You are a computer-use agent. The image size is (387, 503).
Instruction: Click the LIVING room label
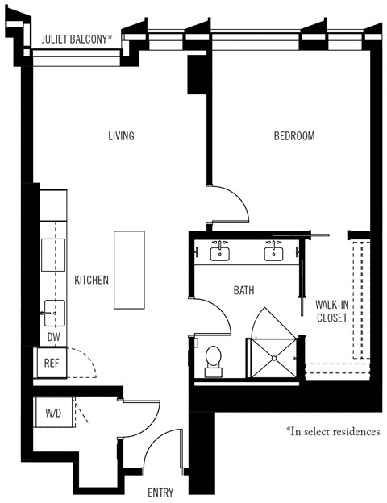tap(121, 135)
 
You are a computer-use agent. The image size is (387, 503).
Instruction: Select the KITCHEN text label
tap(92, 280)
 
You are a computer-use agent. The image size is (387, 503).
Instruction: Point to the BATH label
tap(244, 289)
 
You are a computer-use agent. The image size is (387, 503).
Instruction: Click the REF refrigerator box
tap(52, 363)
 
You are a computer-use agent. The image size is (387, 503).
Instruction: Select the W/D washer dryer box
tap(52, 414)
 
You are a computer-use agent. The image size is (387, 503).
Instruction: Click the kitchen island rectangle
tap(129, 269)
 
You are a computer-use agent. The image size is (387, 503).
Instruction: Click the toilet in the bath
tap(214, 360)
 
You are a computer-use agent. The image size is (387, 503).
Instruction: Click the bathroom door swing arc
tap(216, 310)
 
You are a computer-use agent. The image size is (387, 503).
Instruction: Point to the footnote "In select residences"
tap(331, 431)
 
